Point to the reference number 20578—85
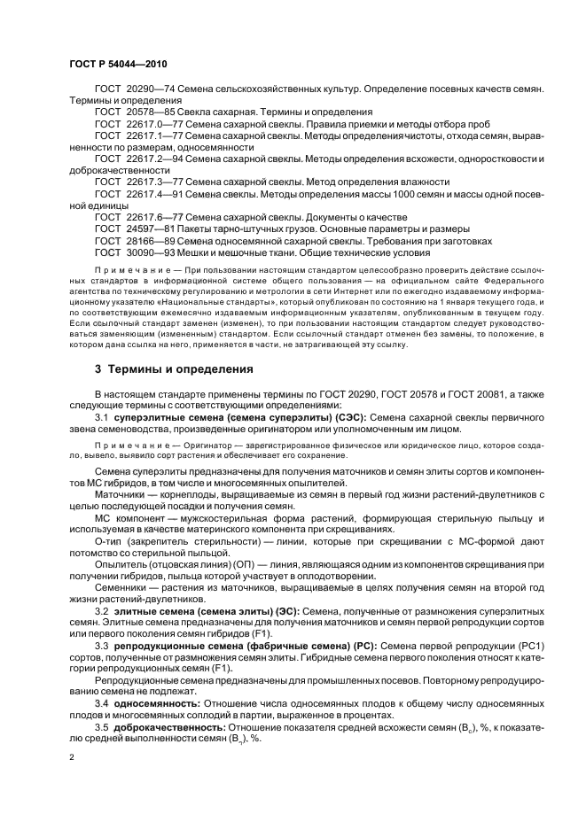coord(151,112)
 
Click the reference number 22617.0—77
coord(155,124)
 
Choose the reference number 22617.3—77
coord(155,182)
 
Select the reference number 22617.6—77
coord(155,217)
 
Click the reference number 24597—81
coord(151,229)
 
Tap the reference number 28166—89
coord(151,240)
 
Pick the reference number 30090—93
coord(151,252)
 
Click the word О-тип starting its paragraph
coord(110,541)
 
